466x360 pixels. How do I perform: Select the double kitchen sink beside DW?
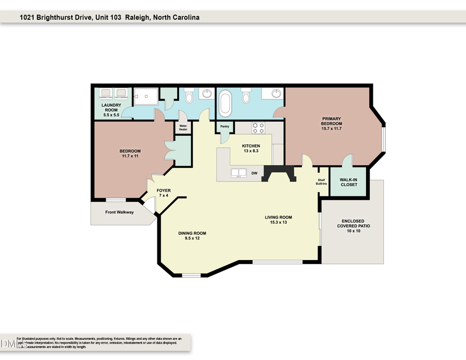pyautogui.click(x=238, y=174)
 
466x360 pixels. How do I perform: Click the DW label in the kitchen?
pyautogui.click(x=254, y=174)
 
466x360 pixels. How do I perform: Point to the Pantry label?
pyautogui.click(x=225, y=126)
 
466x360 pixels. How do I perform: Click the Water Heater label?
pyautogui.click(x=183, y=127)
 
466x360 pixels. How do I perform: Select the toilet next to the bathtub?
pyautogui.click(x=246, y=97)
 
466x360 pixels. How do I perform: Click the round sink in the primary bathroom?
pyautogui.click(x=276, y=94)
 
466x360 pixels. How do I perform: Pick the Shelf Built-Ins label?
pyautogui.click(x=322, y=182)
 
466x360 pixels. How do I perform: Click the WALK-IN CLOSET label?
pyautogui.click(x=348, y=182)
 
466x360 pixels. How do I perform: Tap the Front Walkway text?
pyautogui.click(x=120, y=212)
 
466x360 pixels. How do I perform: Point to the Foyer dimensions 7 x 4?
pyautogui.click(x=164, y=196)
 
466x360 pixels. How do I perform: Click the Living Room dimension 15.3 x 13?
pyautogui.click(x=278, y=223)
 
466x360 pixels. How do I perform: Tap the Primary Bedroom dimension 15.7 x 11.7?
pyautogui.click(x=331, y=128)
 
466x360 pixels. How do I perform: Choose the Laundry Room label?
pyautogui.click(x=110, y=108)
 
